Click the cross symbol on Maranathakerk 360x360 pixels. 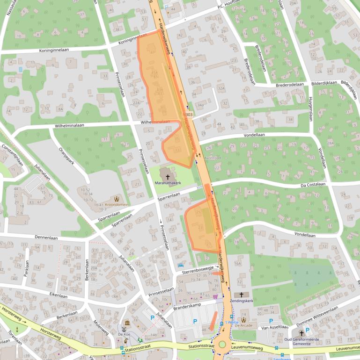(168, 177)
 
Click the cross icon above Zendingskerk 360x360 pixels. (242, 295)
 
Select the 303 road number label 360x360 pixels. (189, 115)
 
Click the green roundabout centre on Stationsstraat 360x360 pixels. (222, 345)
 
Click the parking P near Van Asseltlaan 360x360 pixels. (272, 321)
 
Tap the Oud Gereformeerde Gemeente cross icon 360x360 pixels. (301, 333)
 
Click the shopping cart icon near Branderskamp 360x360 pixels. (215, 296)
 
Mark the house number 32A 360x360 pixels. (220, 87)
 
